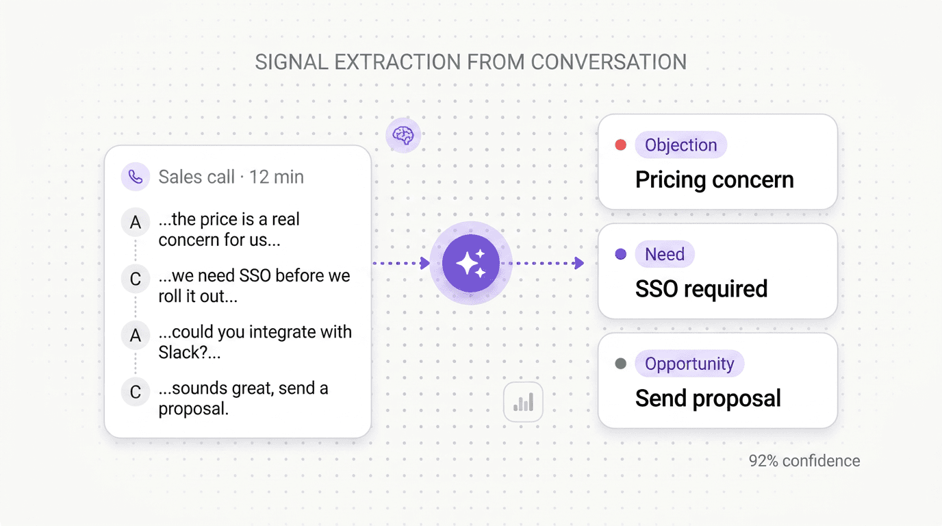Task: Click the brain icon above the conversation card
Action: pos(403,135)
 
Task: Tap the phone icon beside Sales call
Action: pos(136,177)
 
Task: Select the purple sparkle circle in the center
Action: pos(470,263)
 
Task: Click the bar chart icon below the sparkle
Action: pos(523,402)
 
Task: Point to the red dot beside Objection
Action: pos(621,145)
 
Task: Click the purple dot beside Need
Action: pos(621,254)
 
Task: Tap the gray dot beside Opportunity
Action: pos(621,364)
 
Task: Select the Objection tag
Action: pos(680,145)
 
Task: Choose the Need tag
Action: pos(664,254)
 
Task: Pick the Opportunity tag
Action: pos(689,364)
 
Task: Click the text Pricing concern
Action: pos(714,180)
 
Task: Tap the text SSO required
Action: pos(701,289)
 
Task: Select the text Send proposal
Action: pos(708,399)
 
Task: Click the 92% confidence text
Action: pos(804,461)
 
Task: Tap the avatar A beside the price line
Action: pos(136,222)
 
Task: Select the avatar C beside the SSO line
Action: pos(136,279)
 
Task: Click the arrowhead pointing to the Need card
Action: pos(579,263)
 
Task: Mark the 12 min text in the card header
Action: pos(276,177)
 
